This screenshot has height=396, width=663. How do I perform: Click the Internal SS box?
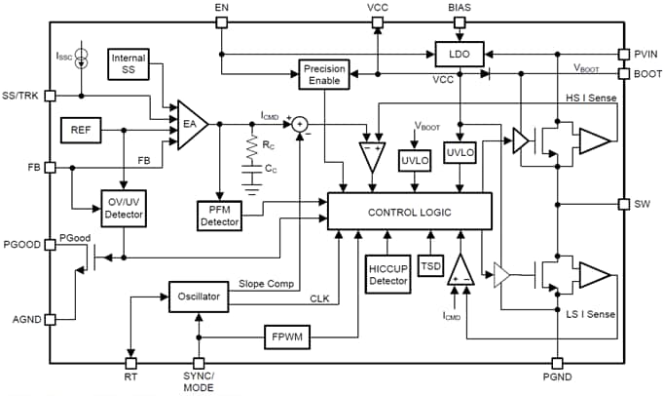[129, 64]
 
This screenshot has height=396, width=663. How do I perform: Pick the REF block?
[81, 129]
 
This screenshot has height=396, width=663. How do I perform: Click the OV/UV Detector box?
[125, 206]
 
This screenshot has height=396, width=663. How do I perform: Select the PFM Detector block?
[220, 216]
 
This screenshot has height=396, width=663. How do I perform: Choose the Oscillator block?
[199, 296]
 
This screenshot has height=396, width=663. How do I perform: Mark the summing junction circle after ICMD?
[301, 124]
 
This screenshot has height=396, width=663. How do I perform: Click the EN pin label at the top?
[221, 7]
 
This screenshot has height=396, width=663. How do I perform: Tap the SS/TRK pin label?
[22, 97]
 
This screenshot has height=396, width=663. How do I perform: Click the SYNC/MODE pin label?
[199, 381]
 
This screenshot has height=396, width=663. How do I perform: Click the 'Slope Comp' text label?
[266, 284]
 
